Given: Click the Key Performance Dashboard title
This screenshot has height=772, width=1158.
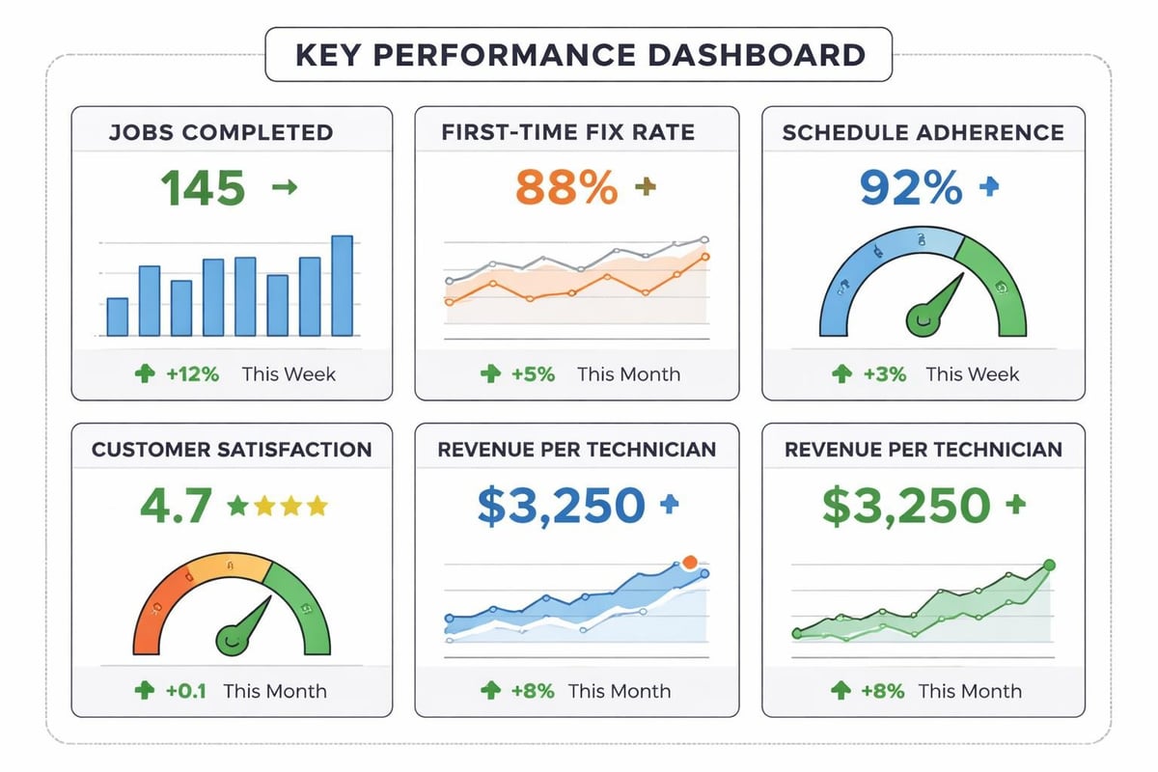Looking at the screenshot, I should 579,54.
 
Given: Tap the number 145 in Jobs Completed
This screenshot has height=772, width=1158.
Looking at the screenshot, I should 202,188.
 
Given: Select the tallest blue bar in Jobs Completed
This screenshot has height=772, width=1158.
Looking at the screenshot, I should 342,286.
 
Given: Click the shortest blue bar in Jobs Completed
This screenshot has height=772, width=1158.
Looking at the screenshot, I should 117,317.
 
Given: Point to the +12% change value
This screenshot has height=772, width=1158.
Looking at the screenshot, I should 192,374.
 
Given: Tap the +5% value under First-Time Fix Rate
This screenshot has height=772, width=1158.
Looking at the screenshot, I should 533,374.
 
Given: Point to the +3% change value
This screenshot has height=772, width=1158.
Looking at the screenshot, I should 884,374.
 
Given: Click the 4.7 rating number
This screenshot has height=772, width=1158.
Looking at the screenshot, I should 175,506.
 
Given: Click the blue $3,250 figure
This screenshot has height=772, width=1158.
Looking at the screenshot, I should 560,506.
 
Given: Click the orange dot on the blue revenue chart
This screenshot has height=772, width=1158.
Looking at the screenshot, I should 689,562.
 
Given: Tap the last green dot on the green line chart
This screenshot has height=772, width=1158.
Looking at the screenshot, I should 1050,565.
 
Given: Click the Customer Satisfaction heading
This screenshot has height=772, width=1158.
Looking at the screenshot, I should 232,450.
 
